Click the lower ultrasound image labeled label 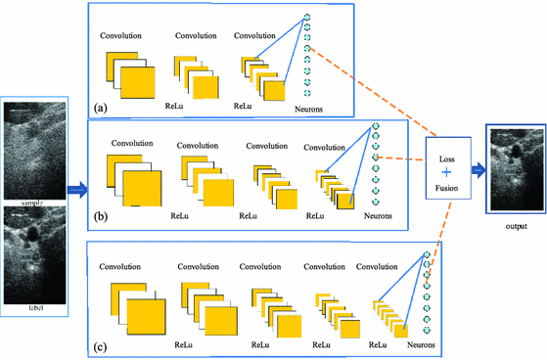(x=34, y=257)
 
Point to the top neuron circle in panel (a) (x=306, y=17)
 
